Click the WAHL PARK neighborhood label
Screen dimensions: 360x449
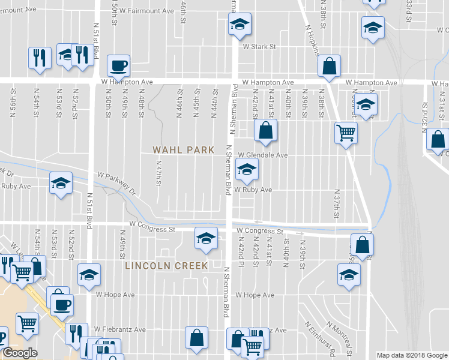click(183, 150)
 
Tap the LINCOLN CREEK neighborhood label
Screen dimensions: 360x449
click(166, 265)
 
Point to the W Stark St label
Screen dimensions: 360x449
click(259, 46)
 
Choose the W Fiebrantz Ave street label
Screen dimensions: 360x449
click(120, 329)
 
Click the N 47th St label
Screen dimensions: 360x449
click(159, 173)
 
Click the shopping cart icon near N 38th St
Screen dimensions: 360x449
click(346, 132)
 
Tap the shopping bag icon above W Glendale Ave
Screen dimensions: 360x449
click(265, 130)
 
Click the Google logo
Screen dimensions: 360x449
click(20, 353)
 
